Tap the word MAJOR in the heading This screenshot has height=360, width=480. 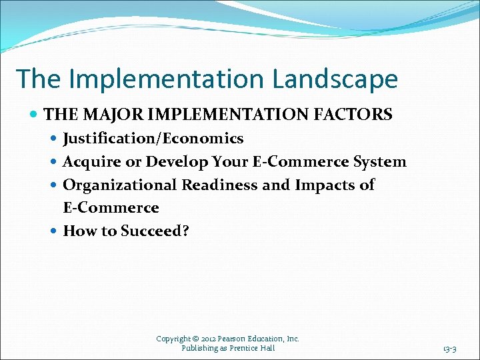105,115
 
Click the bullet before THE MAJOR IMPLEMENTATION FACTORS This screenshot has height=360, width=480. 35,115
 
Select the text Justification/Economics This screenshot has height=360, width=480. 153,139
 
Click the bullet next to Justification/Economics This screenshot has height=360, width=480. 54,139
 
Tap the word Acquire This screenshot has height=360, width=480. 89,162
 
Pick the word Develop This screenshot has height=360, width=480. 175,162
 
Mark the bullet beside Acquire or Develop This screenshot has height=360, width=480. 54,163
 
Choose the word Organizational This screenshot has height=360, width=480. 119,185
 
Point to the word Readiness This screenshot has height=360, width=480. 219,185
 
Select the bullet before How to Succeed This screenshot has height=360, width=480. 54,232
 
